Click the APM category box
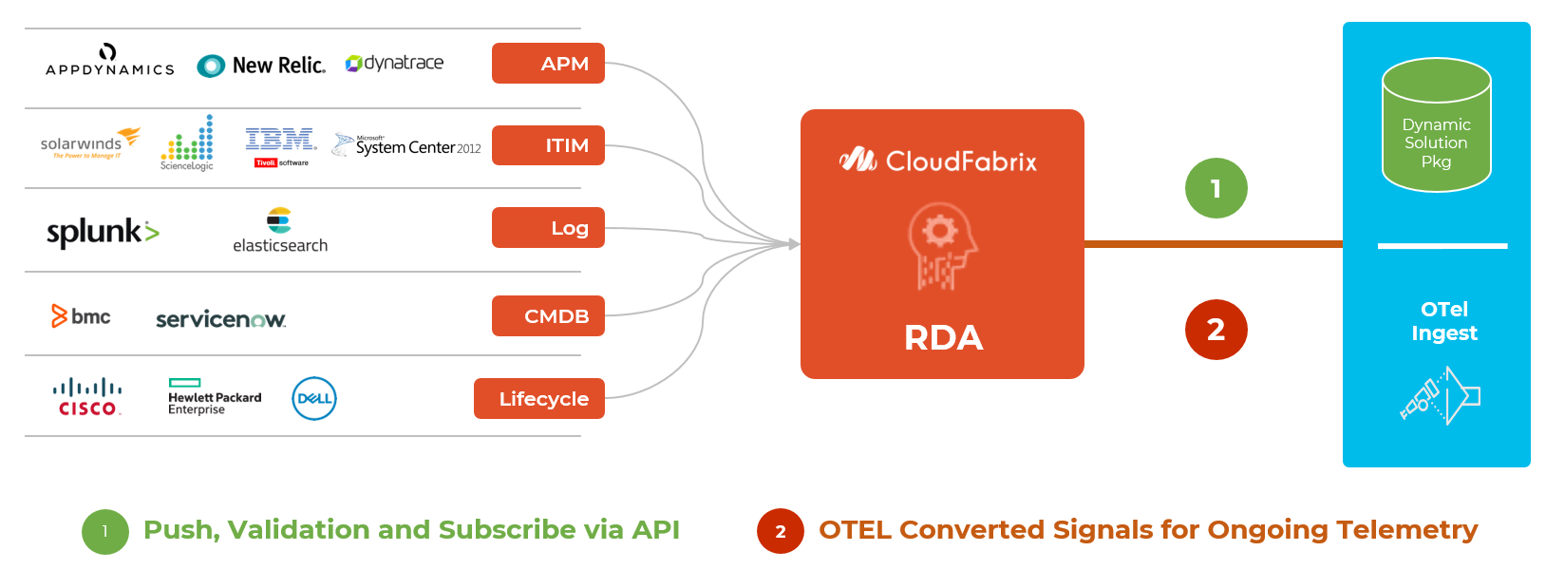coord(548,64)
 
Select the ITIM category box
coord(548,145)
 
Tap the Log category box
coord(548,228)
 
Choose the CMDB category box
coord(548,316)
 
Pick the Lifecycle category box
coord(539,399)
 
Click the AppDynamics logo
coord(109,60)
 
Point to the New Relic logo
coord(261,66)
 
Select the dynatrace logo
coord(394,63)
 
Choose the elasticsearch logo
coord(280,231)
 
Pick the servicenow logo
coord(220,319)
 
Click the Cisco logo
coord(87,397)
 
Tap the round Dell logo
coord(314,399)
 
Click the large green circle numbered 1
coord(1216,188)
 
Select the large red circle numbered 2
coord(1216,330)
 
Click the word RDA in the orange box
coord(943,338)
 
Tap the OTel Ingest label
coord(1443,321)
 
